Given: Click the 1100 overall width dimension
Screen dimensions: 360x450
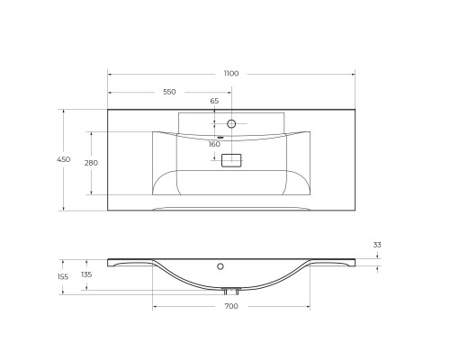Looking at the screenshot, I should pos(231,64).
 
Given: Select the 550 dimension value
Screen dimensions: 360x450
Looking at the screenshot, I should pos(169,92).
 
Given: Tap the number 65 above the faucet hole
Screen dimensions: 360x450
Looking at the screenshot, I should pos(214,102).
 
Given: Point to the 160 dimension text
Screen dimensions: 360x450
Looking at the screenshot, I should pos(214,144).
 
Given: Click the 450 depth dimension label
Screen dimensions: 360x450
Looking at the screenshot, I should pos(63,159).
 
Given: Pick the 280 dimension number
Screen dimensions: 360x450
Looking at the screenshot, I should pos(91,163).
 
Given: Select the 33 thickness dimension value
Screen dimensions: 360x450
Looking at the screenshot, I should pos(377,244).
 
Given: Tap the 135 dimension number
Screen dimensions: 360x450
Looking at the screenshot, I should pos(86,274).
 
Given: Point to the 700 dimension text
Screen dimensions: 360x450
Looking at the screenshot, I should pos(231,307).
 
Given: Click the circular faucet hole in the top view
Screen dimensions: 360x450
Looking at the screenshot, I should pos(231,123).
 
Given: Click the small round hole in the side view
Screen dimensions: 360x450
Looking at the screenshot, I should pos(220,266).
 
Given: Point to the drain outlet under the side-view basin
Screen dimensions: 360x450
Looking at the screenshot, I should pos(231,291).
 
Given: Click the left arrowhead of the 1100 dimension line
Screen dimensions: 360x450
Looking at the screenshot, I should pos(110,73).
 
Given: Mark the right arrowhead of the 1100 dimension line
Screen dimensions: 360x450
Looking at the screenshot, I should pos(353,73).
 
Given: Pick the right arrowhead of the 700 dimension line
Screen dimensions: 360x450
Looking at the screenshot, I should pos(309,305).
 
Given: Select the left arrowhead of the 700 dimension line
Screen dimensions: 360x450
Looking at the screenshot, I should pos(155,305).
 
